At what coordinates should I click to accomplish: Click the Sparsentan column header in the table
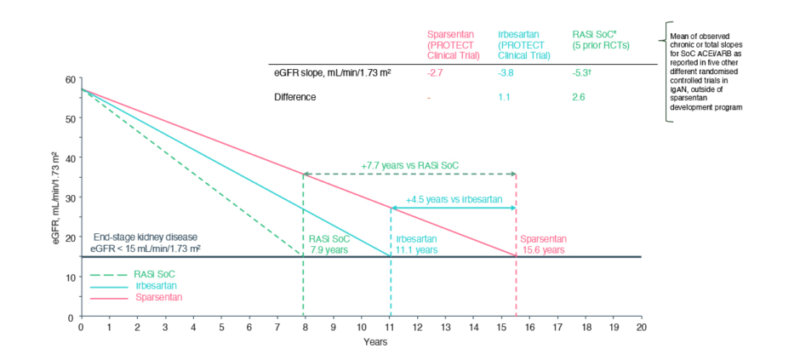(x=453, y=44)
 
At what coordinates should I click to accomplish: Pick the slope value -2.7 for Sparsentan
(x=434, y=73)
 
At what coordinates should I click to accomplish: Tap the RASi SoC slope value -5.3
(x=582, y=73)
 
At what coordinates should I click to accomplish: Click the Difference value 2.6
(x=578, y=98)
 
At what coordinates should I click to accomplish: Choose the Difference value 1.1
(x=505, y=98)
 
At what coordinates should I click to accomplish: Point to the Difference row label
(x=294, y=98)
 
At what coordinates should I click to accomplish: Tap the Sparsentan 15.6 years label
(x=542, y=244)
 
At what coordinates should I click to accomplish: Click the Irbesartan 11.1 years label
(x=417, y=244)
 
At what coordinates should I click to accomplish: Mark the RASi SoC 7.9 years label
(x=328, y=244)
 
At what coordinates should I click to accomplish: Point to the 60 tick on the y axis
(x=70, y=79)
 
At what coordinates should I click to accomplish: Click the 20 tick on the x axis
(x=641, y=328)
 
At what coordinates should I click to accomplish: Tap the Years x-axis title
(x=375, y=342)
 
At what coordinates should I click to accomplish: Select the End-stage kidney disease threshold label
(x=148, y=243)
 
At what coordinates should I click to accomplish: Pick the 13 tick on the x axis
(x=445, y=328)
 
